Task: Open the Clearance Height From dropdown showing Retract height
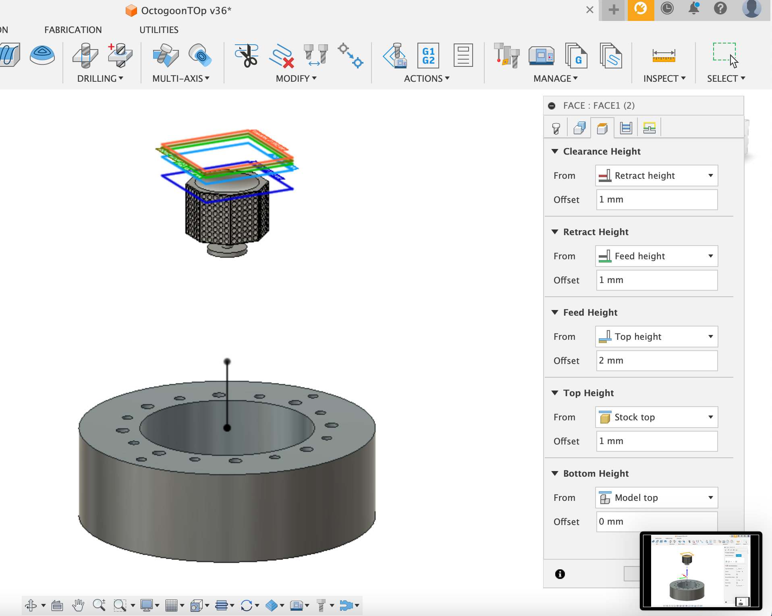656,176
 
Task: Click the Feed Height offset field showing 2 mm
656,360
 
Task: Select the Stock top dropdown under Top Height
656,417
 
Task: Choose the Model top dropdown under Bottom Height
656,498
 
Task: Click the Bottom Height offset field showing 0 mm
656,521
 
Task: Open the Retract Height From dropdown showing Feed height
656,256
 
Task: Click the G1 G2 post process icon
428,56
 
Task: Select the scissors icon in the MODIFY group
247,56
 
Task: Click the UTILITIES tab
159,30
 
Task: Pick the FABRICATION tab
73,30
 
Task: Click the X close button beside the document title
589,10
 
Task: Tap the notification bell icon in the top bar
694,8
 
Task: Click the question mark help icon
720,8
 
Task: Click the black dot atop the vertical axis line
227,361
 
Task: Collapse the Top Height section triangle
555,393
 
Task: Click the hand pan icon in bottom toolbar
78,605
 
